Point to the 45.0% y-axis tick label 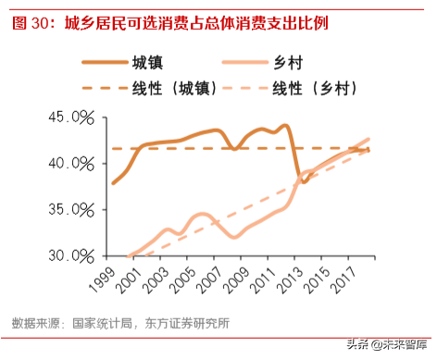pos(72,118)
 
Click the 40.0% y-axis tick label pos(72,164)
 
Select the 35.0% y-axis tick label pos(72,210)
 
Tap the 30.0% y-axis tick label pos(72,255)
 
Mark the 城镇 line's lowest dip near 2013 pos(303,182)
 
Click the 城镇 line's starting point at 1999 pos(113,183)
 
